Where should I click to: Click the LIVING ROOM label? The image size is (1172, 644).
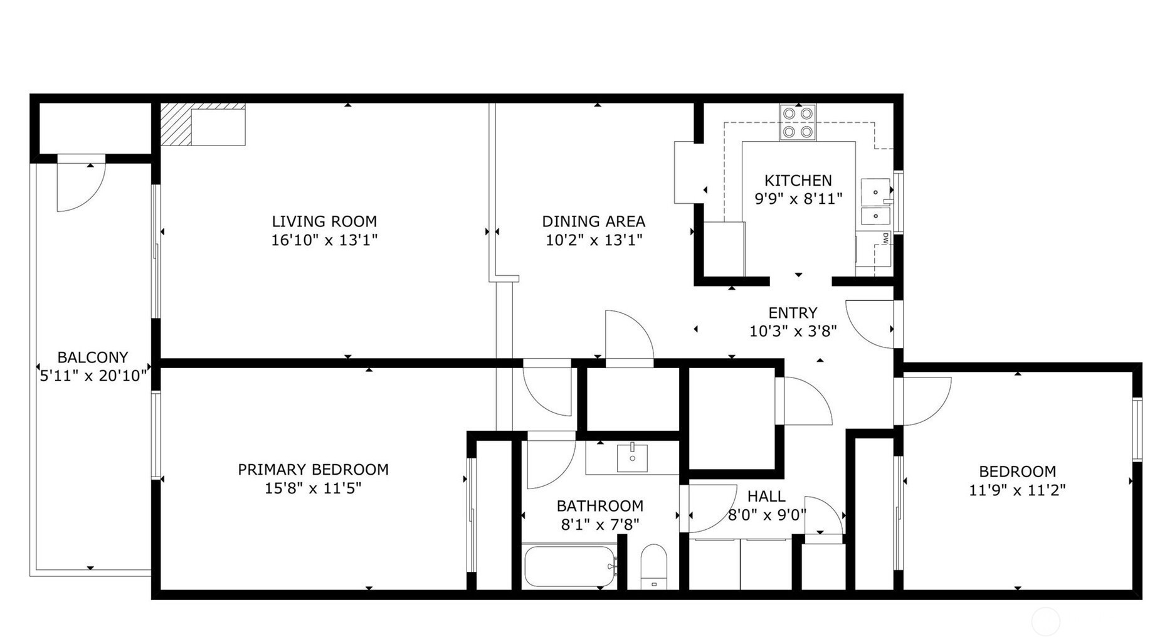[x=324, y=221]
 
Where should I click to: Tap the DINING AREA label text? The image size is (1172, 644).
[x=594, y=221]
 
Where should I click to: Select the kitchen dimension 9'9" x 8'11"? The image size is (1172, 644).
[x=798, y=199]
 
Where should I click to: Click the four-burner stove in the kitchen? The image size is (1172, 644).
[x=798, y=122]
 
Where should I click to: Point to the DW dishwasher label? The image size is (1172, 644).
[x=885, y=238]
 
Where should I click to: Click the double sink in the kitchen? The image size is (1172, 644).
[x=875, y=202]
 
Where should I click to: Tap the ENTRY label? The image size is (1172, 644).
[x=793, y=313]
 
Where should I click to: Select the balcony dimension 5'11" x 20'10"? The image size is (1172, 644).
[x=93, y=376]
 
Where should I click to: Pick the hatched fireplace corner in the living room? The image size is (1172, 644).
[x=176, y=124]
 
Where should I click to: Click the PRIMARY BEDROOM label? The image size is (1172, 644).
[x=313, y=470]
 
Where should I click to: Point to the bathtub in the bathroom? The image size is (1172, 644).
[x=570, y=566]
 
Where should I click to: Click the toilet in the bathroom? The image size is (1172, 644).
[x=654, y=567]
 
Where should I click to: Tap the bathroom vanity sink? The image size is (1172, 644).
[x=632, y=457]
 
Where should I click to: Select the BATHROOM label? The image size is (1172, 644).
[x=600, y=506]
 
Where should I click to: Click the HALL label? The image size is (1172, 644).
[x=766, y=497]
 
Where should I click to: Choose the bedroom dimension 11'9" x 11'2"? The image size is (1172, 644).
[x=1017, y=490]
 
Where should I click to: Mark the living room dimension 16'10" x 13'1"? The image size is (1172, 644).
[x=324, y=240]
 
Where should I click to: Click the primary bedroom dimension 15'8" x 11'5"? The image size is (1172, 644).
[x=313, y=488]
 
